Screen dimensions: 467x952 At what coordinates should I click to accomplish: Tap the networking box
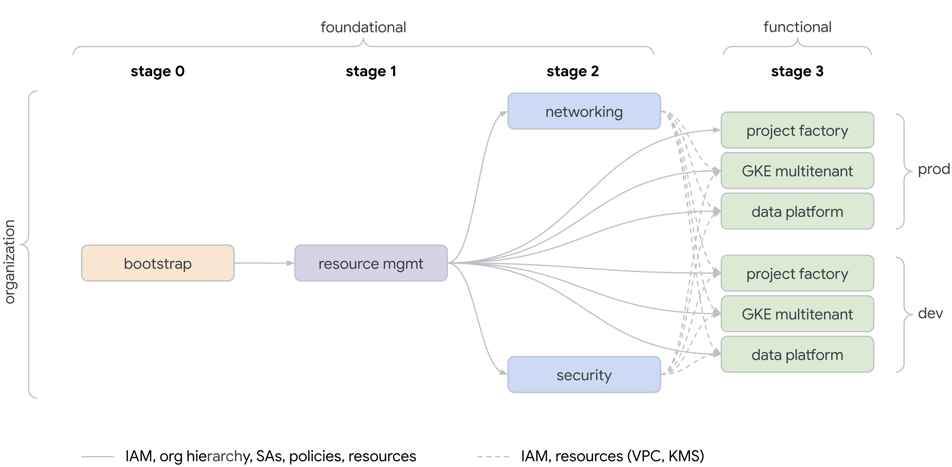[x=584, y=111]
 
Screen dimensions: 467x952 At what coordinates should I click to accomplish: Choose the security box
[x=584, y=375]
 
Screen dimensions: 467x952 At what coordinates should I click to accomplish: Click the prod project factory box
[x=797, y=130]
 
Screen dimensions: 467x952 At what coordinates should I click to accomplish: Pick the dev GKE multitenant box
[x=797, y=314]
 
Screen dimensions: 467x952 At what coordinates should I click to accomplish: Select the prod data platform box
[x=797, y=212]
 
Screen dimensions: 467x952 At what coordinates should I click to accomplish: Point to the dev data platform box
[x=797, y=354]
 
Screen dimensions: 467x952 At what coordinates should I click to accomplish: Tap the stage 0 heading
[x=158, y=71]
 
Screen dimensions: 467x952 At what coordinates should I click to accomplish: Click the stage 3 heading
[x=797, y=71]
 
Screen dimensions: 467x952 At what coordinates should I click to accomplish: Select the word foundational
[x=363, y=27]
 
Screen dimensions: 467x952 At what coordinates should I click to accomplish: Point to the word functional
[x=797, y=27]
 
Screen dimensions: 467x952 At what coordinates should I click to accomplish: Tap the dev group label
[x=930, y=313]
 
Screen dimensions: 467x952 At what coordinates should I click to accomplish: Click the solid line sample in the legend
[x=98, y=457]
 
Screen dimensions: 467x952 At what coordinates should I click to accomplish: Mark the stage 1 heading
[x=371, y=71]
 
